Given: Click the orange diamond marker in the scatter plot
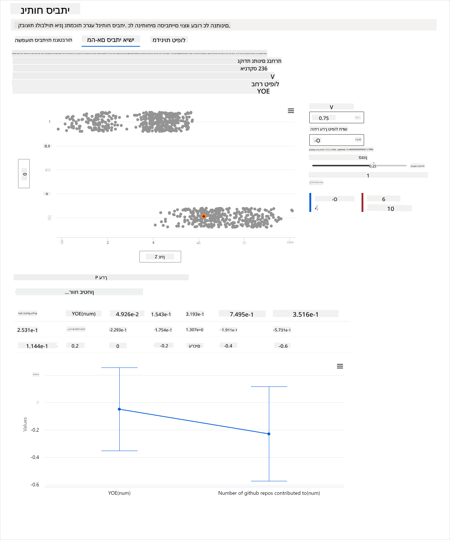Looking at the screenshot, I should point(204,216).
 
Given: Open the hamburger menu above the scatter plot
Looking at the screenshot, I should point(291,111).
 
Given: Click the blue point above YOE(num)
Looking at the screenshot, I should point(119,409).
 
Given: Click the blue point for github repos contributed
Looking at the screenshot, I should point(269,434).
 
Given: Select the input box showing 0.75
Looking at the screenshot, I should point(336,117).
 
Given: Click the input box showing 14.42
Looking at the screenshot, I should point(336,140).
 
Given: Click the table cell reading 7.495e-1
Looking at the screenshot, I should point(242,314).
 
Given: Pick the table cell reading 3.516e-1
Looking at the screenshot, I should point(306,314).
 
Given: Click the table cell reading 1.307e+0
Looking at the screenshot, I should point(194,330).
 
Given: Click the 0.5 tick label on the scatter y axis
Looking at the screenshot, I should point(47,146).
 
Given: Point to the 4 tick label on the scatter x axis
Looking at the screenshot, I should point(153,243).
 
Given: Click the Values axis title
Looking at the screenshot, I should point(25,424).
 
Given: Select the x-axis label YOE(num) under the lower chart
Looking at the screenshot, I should point(119,493).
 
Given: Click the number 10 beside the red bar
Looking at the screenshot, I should point(390,209).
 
